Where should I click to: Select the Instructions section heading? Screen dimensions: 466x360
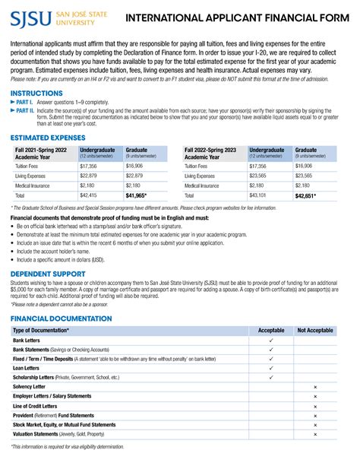[36, 93]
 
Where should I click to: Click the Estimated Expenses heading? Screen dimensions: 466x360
[46, 138]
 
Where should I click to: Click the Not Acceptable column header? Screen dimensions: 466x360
[314, 331]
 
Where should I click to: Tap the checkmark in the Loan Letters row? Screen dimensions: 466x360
[271, 366]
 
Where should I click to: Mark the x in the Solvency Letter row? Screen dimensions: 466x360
[314, 387]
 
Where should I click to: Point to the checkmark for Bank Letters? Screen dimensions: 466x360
[271, 341]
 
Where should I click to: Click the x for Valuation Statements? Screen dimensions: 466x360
[314, 434]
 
